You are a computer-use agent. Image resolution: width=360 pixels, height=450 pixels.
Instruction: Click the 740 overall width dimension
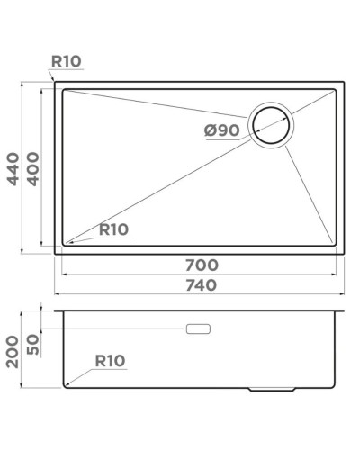(200, 285)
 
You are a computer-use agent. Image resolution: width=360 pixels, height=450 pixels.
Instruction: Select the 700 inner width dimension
(200, 265)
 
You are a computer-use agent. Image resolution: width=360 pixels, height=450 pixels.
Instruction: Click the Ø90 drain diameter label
(221, 130)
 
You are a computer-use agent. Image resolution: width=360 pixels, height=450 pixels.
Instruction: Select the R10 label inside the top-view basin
(113, 229)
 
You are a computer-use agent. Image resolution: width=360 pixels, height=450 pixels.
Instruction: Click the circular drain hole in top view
(271, 126)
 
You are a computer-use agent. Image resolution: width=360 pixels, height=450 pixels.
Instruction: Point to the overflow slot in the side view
(198, 329)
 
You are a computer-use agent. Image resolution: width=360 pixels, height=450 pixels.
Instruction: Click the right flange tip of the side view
(346, 310)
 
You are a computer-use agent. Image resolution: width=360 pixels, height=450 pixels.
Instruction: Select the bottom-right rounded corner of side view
(335, 384)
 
